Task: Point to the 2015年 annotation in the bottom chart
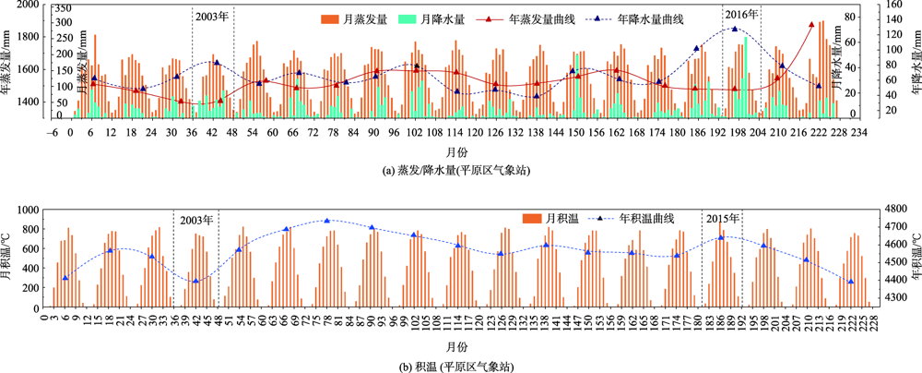pyautogui.click(x=722, y=219)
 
